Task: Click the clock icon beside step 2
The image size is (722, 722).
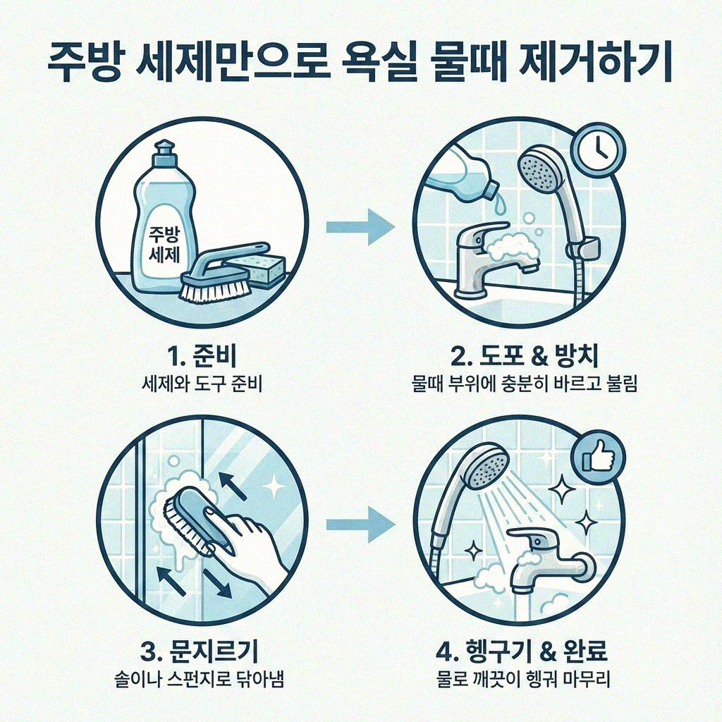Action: [596, 149]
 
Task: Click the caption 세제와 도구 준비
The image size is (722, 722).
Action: [202, 386]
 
